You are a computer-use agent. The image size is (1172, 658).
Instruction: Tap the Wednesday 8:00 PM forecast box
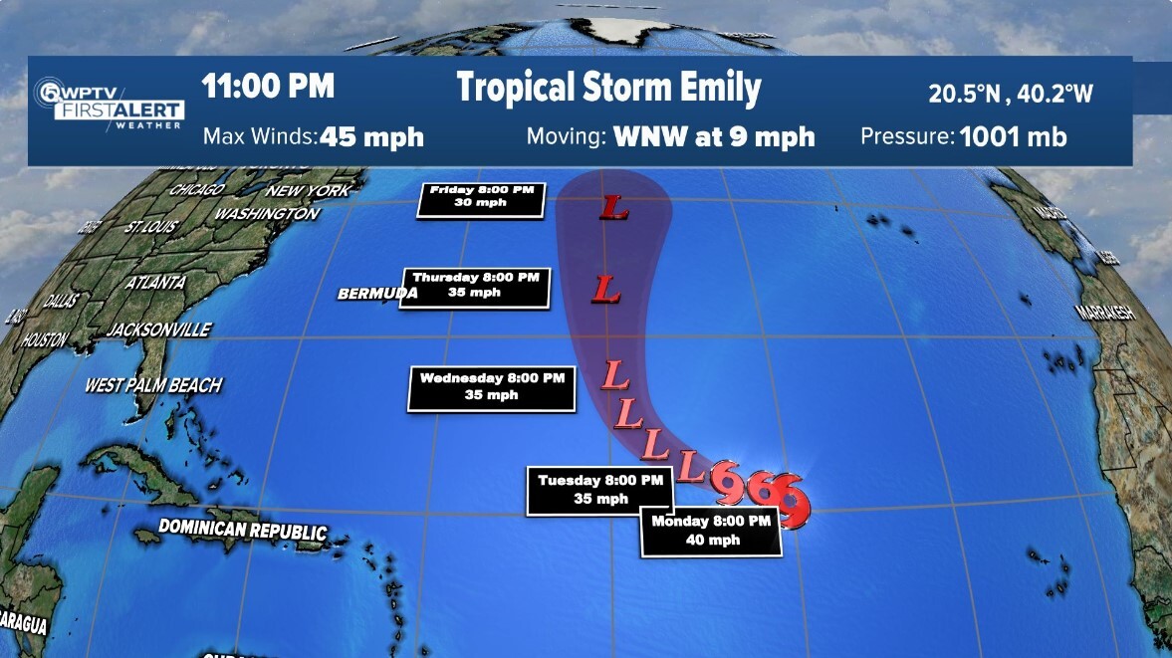coord(491,388)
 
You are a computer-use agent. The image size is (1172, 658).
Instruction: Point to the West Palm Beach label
coord(153,384)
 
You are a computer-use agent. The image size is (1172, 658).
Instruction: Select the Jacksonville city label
coord(159,329)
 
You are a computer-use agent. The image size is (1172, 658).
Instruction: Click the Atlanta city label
coord(156,282)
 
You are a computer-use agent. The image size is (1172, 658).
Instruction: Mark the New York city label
coord(308,190)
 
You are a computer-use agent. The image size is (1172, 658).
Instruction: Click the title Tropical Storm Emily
coord(608,88)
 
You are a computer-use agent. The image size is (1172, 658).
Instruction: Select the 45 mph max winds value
coord(371,136)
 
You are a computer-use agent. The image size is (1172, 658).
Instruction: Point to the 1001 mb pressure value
coord(1013,136)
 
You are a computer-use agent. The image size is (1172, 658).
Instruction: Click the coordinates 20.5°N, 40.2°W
coord(1011,94)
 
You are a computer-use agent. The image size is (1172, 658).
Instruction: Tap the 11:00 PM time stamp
coord(268,87)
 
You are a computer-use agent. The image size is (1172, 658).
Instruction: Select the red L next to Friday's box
coord(613,208)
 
